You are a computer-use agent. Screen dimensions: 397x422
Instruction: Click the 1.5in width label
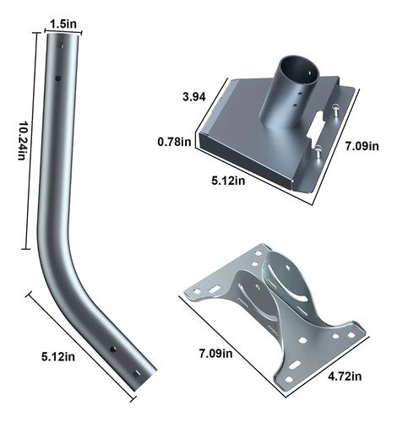tap(63, 24)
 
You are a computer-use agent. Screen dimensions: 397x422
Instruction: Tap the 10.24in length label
tap(22, 141)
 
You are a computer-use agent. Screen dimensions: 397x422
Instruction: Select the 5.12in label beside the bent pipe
tap(58, 357)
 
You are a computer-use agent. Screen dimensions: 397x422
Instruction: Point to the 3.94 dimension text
tap(194, 97)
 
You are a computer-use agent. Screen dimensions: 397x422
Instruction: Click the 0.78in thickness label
tap(174, 142)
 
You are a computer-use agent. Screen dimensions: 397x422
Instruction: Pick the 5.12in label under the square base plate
tap(228, 181)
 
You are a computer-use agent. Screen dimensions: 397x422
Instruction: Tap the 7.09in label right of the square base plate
tap(362, 146)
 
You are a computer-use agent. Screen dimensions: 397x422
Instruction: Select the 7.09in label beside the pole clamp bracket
tap(216, 353)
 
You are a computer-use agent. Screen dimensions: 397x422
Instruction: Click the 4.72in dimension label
tap(345, 376)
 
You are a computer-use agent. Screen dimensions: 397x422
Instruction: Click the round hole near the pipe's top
tap(58, 78)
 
